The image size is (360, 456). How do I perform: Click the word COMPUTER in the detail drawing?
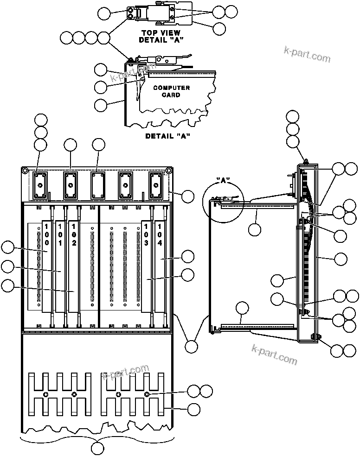[171, 88]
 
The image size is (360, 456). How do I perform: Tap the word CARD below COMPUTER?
[171, 95]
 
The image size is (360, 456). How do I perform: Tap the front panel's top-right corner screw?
[169, 171]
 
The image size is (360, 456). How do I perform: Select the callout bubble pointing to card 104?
[188, 256]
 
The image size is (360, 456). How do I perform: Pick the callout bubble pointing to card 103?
[188, 274]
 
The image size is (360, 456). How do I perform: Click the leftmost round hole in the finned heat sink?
[45, 394]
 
